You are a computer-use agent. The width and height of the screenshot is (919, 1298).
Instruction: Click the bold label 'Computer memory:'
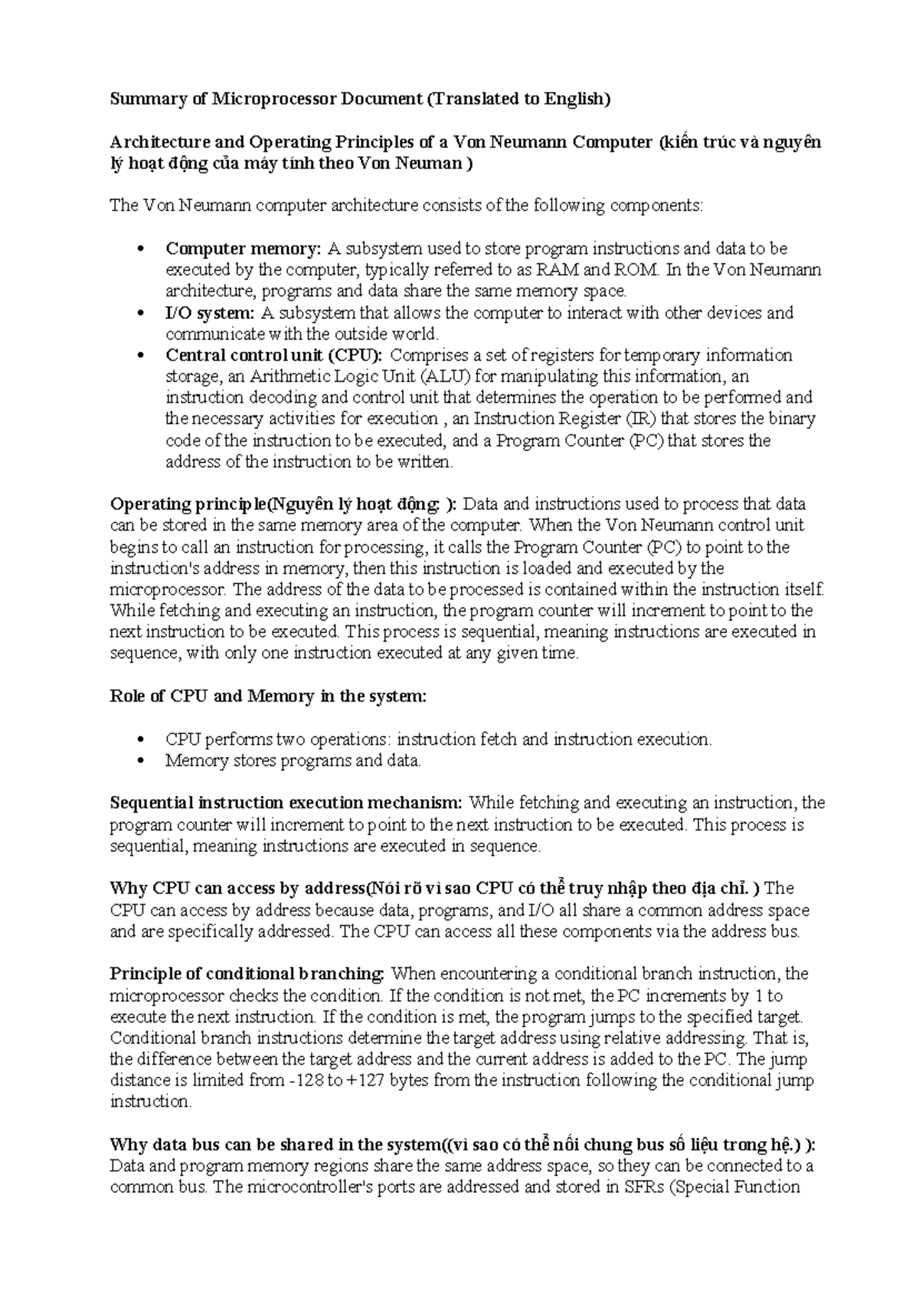tap(244, 249)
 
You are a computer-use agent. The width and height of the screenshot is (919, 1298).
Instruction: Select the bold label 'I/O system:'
tap(210, 313)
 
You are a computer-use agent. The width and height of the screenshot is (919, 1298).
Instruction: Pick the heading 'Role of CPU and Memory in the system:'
tap(268, 697)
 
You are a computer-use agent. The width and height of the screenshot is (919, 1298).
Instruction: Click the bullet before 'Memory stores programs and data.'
tap(139, 762)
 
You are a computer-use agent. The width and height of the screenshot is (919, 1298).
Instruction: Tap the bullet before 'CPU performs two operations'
tap(139, 740)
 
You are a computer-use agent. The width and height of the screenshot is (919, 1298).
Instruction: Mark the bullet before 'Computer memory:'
tap(139, 249)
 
